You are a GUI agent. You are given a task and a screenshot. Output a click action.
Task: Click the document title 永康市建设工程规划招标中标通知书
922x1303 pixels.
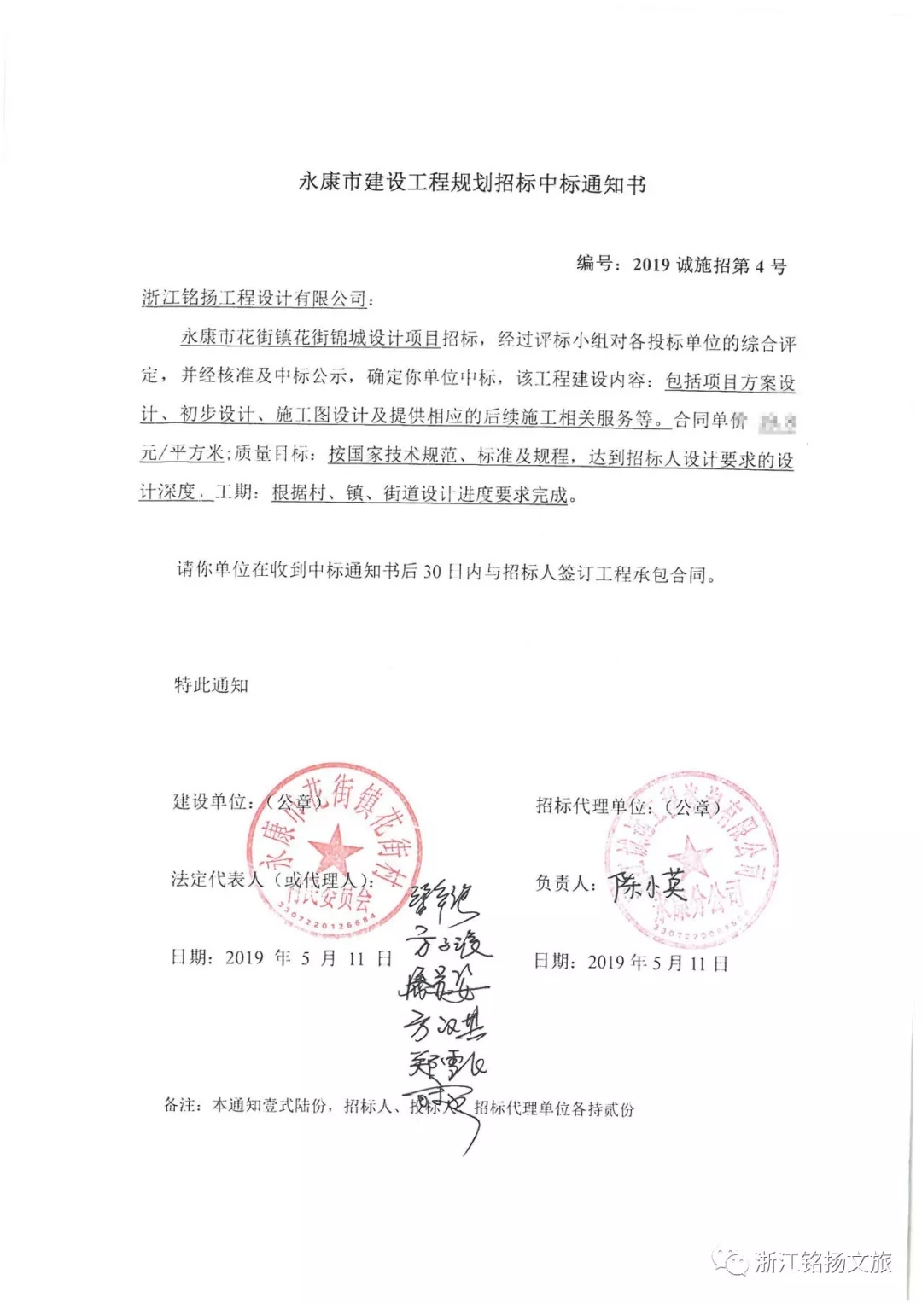[x=472, y=183]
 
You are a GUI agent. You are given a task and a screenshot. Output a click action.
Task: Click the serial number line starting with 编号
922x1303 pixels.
[x=681, y=265]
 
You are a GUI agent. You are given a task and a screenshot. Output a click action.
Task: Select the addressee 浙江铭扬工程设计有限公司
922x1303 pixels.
[x=254, y=298]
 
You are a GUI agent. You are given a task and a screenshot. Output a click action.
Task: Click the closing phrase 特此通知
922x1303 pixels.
[x=211, y=685]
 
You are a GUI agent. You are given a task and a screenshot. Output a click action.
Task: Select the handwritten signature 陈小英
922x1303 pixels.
[x=649, y=885]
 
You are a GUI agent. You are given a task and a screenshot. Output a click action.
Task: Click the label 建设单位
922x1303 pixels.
[x=209, y=801]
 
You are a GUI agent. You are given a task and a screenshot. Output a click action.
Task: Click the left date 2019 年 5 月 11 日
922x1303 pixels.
[x=282, y=957]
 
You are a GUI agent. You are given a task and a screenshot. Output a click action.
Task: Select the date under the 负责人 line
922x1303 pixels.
[x=632, y=963]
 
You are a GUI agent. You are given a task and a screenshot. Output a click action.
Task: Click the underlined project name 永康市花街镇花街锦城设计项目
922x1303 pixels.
[x=310, y=338]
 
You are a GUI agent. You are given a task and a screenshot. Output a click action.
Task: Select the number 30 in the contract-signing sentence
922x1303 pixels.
[x=432, y=571]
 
